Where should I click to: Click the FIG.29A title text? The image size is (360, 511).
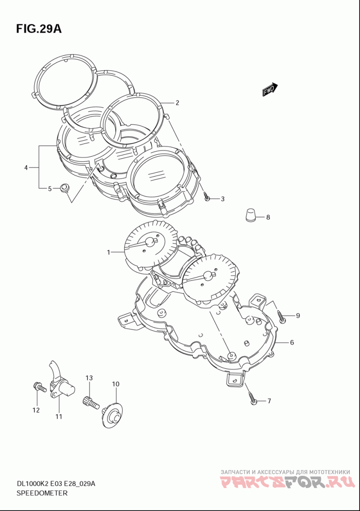(x=39, y=29)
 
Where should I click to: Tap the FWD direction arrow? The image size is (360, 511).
(x=270, y=90)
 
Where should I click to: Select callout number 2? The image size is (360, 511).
(x=177, y=103)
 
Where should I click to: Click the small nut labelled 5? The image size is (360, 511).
(x=65, y=188)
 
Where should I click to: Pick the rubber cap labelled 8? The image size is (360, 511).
(x=251, y=214)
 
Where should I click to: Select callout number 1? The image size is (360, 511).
(x=108, y=252)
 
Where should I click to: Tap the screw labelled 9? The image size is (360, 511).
(x=282, y=316)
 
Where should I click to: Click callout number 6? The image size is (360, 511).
(x=292, y=343)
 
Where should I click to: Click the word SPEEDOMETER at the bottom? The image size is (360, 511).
(x=42, y=493)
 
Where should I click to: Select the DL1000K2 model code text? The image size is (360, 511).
(x=32, y=484)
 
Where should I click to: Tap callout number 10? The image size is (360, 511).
(x=116, y=384)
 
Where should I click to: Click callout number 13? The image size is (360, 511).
(x=89, y=378)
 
